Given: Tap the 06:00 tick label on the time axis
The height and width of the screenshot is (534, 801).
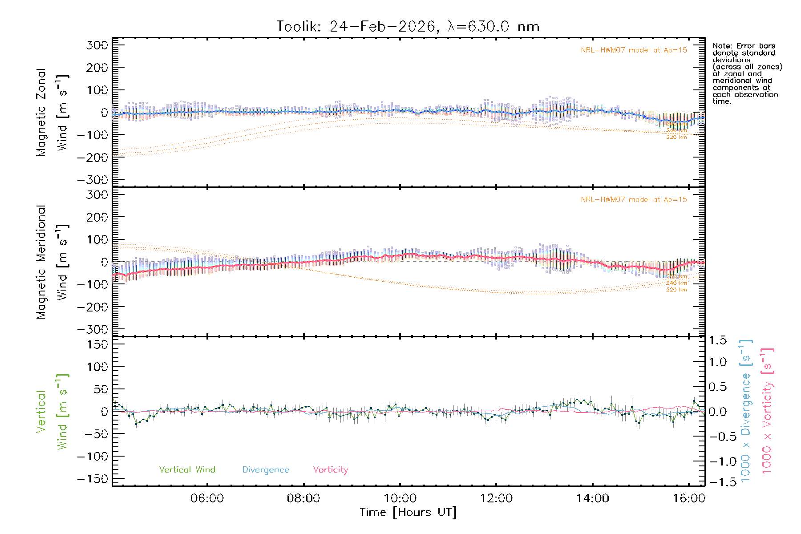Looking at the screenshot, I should click(207, 498).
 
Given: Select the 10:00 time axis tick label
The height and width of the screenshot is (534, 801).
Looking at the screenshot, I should click(400, 498).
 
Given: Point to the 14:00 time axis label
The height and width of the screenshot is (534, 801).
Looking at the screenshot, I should click(592, 498).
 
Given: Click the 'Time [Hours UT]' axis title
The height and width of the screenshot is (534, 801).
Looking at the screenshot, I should click(408, 513).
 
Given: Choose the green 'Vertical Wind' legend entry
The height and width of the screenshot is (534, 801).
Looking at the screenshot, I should click(187, 470).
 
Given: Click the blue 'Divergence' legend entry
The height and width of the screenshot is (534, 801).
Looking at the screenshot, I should click(266, 470).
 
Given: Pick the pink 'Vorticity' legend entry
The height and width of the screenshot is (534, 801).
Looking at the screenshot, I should click(330, 470).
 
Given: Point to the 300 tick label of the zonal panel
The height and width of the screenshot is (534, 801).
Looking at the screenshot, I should click(97, 45).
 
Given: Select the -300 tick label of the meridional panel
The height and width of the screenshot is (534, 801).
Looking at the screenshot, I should click(93, 329).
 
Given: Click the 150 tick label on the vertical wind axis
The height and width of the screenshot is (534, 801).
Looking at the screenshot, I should click(97, 344).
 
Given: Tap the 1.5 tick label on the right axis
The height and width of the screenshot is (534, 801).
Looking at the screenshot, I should click(717, 340).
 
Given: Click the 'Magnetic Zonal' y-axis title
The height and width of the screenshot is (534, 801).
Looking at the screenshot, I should click(41, 113).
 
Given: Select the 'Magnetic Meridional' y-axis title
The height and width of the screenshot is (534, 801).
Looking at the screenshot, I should click(41, 262).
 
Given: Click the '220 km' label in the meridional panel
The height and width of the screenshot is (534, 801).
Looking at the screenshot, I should click(676, 290).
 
